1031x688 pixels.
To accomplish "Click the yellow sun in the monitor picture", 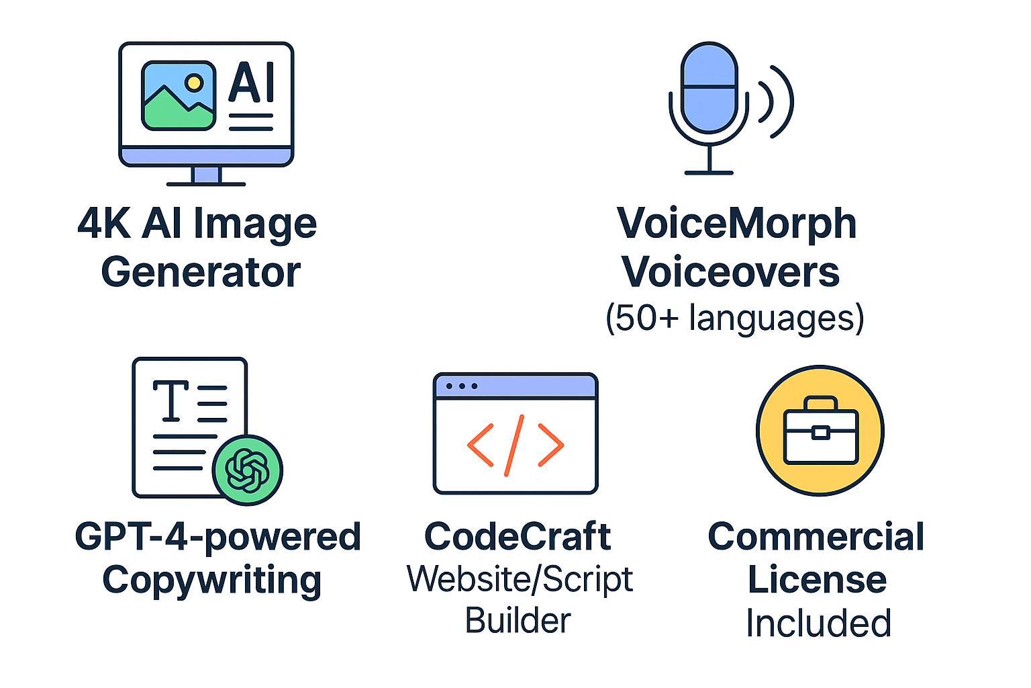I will point(194,83).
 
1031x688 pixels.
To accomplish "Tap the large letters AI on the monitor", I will point(252,83).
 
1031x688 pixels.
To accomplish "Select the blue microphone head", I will point(709,87).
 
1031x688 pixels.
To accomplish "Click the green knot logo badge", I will point(248,470).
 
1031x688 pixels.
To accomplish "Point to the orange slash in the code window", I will point(514,445).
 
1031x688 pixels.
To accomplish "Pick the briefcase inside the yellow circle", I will point(820,432).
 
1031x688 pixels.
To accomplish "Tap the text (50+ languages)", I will point(734,318).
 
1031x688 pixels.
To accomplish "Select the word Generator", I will point(201,273).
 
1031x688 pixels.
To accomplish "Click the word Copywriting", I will point(212,580).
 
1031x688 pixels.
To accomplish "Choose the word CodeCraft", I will point(518,537).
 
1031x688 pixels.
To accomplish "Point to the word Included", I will point(818,623).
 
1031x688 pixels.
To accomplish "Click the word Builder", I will point(518,620).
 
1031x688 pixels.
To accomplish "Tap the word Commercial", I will point(816,537).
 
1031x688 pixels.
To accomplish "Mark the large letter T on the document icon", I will point(170,400).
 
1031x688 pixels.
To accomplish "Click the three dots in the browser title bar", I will point(461,386).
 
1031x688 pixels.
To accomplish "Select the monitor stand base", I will point(206,183).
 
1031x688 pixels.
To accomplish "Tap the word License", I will point(817,580).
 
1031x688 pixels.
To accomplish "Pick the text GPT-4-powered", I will point(217,537).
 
